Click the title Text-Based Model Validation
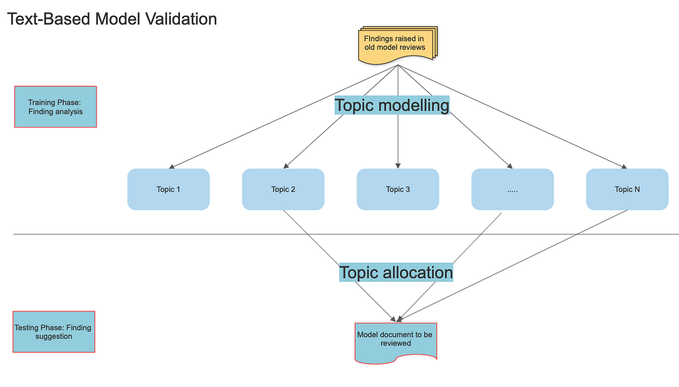pos(111,19)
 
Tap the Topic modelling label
pos(392,105)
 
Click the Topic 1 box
pos(168,189)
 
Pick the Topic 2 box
pos(283,189)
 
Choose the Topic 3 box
pos(398,189)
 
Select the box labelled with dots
pos(512,189)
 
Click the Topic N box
pos(627,189)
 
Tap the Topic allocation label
pos(396,273)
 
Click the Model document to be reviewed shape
pos(395,340)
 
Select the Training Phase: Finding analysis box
pos(55,107)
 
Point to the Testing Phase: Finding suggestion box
pos(54,331)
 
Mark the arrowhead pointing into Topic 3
pos(398,165)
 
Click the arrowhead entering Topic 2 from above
pos(286,165)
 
